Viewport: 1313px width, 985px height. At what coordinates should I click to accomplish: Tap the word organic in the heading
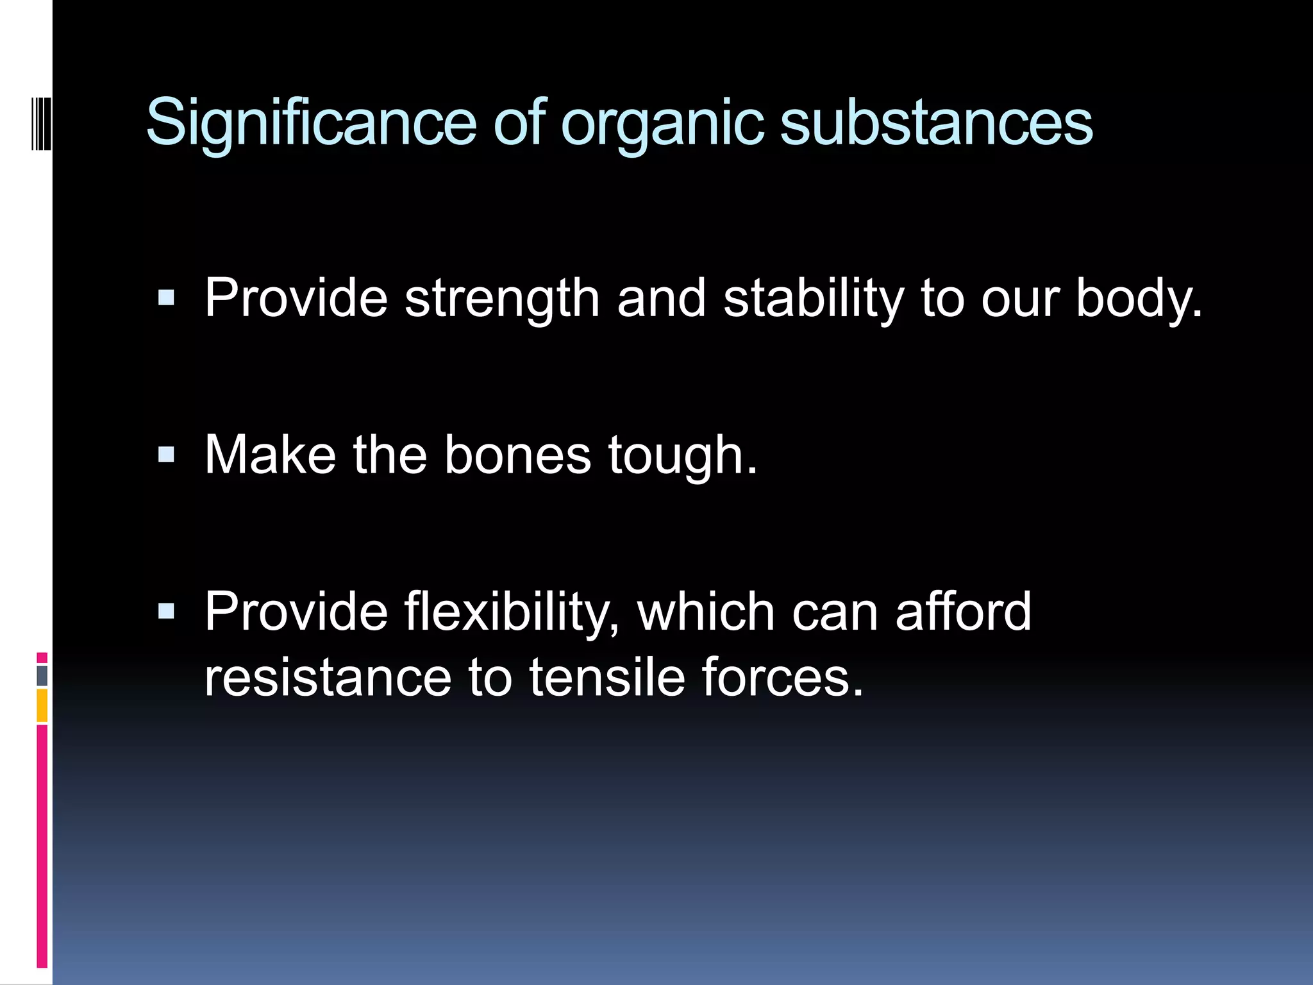(x=663, y=125)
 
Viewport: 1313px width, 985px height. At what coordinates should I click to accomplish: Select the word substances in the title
(x=936, y=123)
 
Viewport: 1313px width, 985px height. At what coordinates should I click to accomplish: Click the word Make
(x=270, y=455)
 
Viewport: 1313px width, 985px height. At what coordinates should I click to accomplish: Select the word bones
(x=517, y=455)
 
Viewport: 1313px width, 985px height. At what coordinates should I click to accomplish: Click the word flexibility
(x=512, y=613)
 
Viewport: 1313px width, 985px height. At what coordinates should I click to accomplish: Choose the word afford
(x=964, y=612)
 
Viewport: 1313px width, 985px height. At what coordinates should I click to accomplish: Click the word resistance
(x=328, y=678)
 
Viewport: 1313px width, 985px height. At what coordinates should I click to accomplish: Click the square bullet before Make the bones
(x=166, y=455)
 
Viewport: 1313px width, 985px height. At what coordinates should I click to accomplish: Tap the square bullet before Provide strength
(x=166, y=298)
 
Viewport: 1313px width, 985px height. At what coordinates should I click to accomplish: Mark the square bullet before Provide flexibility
(x=166, y=611)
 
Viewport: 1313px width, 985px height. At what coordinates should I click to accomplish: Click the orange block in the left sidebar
(x=42, y=705)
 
